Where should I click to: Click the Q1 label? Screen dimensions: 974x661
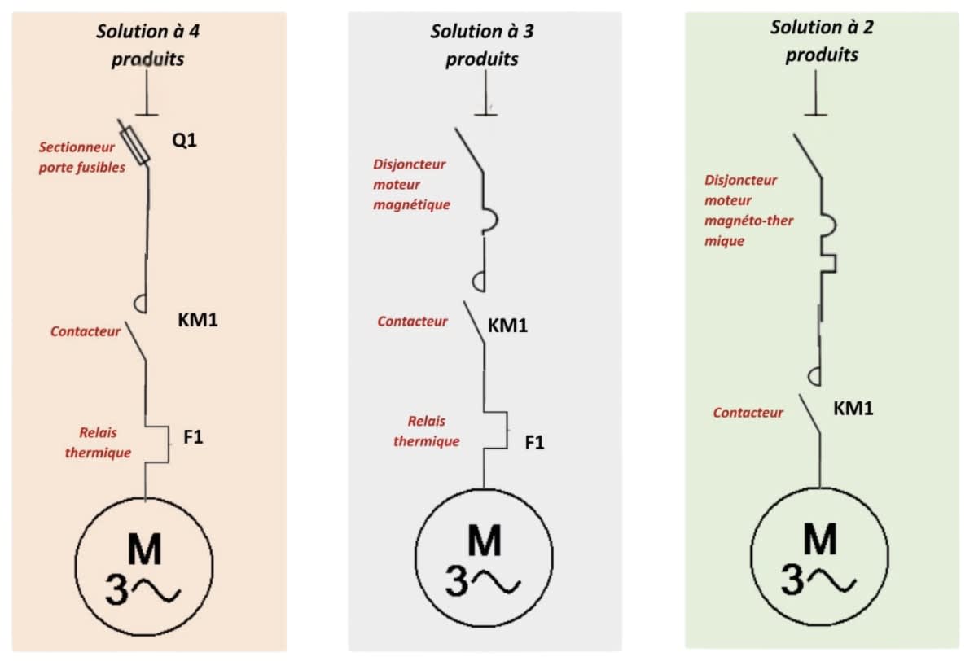pos(185,140)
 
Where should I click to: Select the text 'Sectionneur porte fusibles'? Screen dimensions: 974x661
pos(82,157)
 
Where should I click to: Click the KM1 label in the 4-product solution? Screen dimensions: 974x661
pos(198,320)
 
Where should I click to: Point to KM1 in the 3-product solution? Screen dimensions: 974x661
pos(507,326)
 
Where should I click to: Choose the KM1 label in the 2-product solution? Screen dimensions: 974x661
pos(853,408)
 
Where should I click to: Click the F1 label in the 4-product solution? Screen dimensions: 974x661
pos(193,437)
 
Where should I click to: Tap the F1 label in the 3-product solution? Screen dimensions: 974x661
pos(535,443)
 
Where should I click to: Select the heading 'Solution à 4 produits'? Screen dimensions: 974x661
pos(148,45)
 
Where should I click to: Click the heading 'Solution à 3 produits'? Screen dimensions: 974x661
pos(482,45)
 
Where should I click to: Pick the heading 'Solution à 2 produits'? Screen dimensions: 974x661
pos(822,41)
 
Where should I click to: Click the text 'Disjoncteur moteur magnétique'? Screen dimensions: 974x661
pos(411,184)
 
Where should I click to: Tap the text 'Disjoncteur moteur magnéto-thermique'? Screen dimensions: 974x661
pos(748,210)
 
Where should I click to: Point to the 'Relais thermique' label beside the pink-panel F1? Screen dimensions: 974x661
pos(99,443)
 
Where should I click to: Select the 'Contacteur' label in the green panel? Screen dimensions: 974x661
pos(748,413)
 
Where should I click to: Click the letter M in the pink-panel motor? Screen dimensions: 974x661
pos(145,549)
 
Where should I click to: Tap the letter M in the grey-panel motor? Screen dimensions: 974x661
pos(485,541)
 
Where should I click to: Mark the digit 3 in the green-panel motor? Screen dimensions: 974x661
pos(792,580)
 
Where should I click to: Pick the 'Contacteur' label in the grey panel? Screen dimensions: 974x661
pos(412,322)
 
